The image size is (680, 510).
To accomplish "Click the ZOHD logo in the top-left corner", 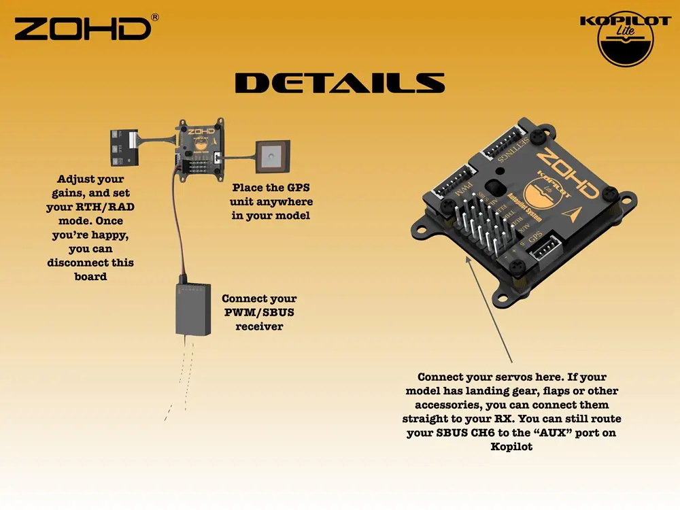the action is [82, 29].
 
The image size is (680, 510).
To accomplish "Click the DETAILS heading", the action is [339, 84].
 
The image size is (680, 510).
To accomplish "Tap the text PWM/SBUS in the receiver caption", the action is [259, 312].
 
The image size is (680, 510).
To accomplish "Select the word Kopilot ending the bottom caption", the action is [512, 447].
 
